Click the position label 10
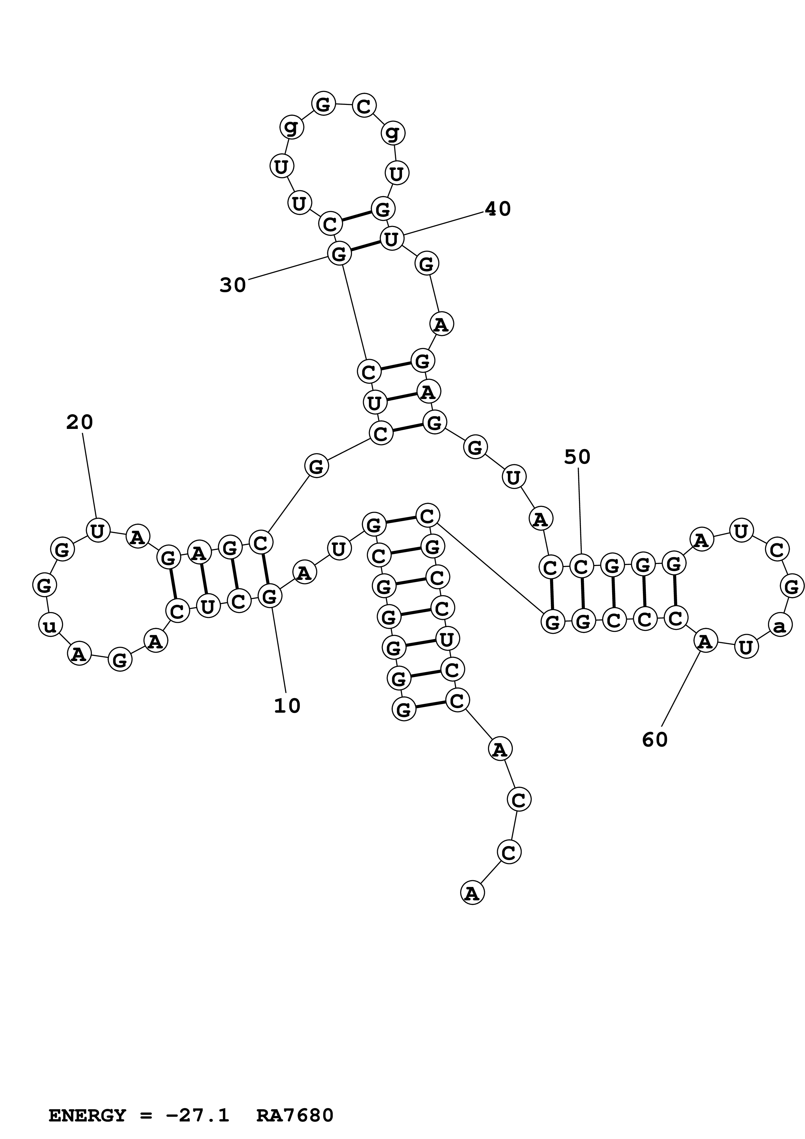click(x=287, y=706)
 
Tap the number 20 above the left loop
click(x=79, y=422)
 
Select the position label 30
click(x=233, y=285)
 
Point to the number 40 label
click(x=497, y=209)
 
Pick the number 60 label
click(x=655, y=740)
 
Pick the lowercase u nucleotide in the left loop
click(x=50, y=626)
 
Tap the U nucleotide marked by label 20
click(x=98, y=530)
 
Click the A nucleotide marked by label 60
click(x=705, y=642)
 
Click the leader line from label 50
click(x=579, y=511)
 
